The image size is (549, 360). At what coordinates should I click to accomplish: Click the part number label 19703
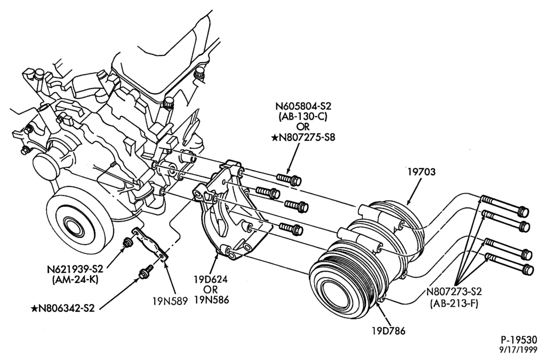pyautogui.click(x=422, y=172)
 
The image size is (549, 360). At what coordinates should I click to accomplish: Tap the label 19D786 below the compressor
pyautogui.click(x=389, y=330)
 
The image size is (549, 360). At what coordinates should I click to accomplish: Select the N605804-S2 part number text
pyautogui.click(x=303, y=106)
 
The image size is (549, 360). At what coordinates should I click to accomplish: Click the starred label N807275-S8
pyautogui.click(x=303, y=137)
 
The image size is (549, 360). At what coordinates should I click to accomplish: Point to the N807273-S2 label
pyautogui.click(x=454, y=291)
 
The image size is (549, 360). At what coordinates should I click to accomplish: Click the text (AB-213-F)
pyautogui.click(x=454, y=303)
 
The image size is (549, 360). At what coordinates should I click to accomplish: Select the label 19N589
pyautogui.click(x=170, y=300)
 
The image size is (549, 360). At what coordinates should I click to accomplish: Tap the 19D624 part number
pyautogui.click(x=211, y=279)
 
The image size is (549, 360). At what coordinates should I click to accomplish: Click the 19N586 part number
pyautogui.click(x=211, y=300)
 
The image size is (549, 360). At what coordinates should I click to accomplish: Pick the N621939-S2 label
pyautogui.click(x=75, y=269)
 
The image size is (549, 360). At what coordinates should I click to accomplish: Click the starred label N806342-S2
pyautogui.click(x=63, y=308)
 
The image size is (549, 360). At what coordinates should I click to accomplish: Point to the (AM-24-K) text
pyautogui.click(x=75, y=279)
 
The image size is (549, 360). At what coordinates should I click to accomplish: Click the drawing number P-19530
pyautogui.click(x=519, y=340)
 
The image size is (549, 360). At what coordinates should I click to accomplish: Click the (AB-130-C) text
pyautogui.click(x=303, y=116)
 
